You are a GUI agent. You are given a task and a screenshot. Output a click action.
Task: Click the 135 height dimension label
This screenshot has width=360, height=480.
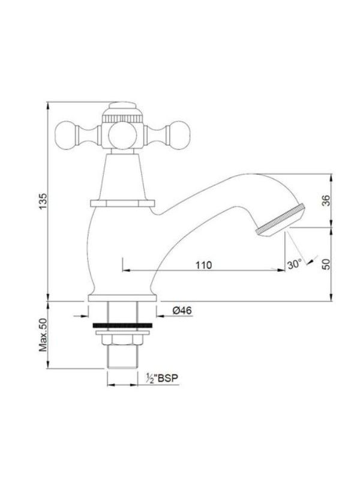click(x=43, y=202)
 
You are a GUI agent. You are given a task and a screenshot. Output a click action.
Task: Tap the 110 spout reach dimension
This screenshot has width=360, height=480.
click(x=203, y=265)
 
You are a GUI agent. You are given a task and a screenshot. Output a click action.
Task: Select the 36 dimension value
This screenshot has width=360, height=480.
click(x=326, y=200)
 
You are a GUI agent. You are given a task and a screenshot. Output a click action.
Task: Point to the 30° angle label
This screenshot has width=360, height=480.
click(x=295, y=265)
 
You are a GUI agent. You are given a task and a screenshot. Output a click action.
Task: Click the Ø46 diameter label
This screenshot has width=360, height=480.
click(x=182, y=311)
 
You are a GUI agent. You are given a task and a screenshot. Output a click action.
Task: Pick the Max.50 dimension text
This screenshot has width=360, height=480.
click(x=43, y=335)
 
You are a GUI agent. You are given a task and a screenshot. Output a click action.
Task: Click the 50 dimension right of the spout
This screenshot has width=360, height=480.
click(x=326, y=264)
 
